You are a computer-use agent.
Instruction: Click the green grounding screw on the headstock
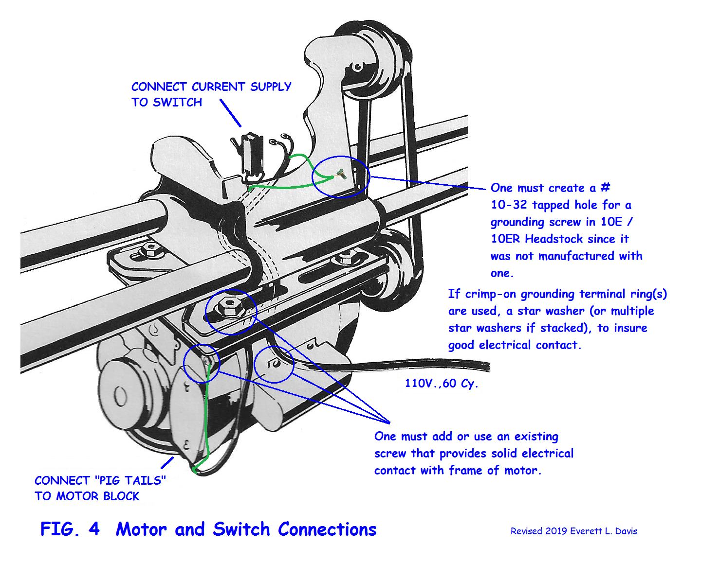341,174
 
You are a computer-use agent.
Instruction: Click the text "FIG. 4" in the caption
70,529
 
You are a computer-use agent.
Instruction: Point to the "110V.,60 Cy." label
441,384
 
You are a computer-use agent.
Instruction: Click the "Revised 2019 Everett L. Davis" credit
573,531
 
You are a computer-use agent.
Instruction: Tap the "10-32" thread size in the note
509,205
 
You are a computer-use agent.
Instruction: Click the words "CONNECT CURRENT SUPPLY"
211,87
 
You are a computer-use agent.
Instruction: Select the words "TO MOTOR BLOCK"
87,496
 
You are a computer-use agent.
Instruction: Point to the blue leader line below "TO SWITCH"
231,113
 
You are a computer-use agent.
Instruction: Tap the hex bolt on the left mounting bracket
150,249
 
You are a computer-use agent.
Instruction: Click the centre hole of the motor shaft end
120,397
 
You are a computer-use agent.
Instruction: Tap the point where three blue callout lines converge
389,423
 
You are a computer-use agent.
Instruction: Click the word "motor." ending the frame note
523,471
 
